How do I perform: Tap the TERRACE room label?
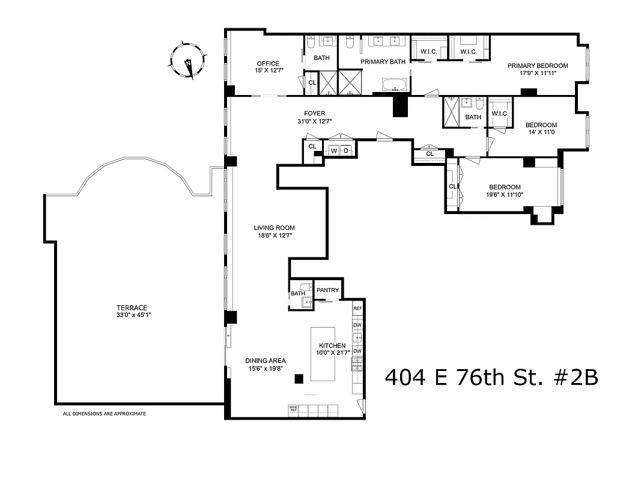tap(132, 307)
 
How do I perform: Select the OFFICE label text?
tap(268, 64)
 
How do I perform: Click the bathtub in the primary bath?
tap(395, 85)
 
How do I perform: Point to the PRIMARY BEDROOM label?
tap(537, 66)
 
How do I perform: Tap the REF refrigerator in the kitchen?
tap(357, 308)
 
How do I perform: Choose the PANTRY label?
tap(328, 290)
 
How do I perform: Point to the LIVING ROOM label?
tap(274, 228)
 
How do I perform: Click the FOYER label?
tap(314, 112)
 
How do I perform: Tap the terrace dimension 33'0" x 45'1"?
tap(132, 315)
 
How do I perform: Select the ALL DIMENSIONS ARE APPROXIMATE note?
tap(105, 414)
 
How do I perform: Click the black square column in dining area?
tap(298, 378)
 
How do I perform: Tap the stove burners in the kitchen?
tap(357, 363)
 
